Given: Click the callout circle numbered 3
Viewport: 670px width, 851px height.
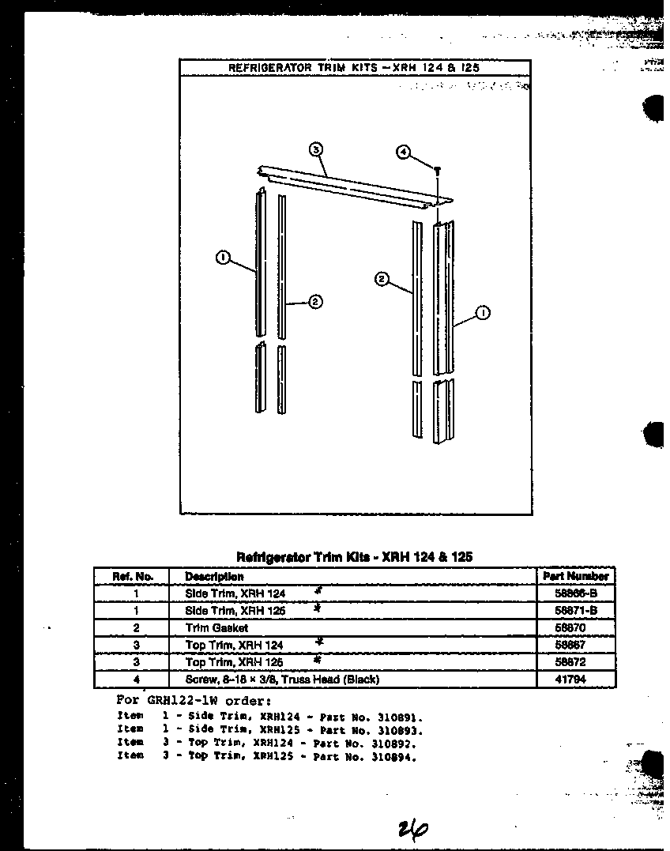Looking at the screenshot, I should click(314, 149).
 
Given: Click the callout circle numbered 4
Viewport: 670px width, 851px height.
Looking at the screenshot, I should click(403, 152).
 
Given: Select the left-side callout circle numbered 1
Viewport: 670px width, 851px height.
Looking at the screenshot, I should click(224, 256).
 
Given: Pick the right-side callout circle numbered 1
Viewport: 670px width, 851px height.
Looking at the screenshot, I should click(484, 314).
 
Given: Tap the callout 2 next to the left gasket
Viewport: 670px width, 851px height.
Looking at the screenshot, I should click(314, 301).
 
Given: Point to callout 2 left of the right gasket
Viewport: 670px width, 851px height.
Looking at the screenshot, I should click(382, 278).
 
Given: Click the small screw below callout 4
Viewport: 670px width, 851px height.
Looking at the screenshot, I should click(436, 170).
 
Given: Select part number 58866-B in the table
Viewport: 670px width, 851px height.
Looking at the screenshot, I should click(576, 593).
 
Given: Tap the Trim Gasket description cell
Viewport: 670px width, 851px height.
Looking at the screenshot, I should click(205, 627).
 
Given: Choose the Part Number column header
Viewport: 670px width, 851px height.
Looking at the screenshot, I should click(576, 576).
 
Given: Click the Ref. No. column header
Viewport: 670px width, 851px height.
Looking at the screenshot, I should click(133, 576).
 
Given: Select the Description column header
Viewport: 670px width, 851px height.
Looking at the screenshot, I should click(214, 577).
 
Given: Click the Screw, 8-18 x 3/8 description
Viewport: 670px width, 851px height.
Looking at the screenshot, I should click(282, 680).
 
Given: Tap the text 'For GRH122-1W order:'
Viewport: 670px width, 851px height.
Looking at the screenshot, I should click(194, 700).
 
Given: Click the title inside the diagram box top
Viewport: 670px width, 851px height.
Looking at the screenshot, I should click(354, 68).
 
